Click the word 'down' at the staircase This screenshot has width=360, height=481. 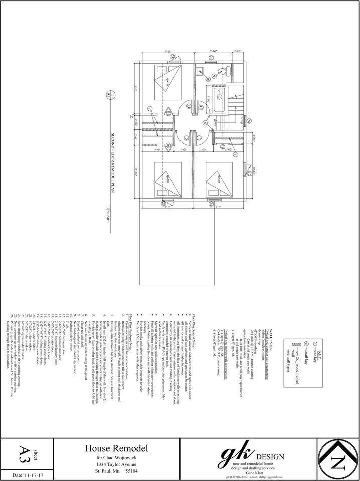point(213,122)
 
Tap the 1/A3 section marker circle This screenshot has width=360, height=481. point(107,94)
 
